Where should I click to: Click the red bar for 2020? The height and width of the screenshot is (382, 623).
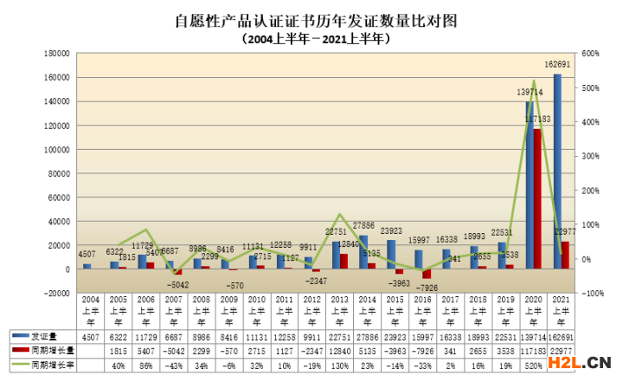point(537,198)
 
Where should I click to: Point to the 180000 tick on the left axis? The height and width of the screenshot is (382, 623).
point(57,54)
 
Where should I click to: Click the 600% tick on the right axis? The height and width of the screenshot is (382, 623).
point(591,54)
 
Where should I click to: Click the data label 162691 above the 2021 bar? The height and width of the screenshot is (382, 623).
point(556,65)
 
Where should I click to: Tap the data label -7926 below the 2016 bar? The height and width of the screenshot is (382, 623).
point(431,287)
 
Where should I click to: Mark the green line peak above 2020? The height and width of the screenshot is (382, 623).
point(534,81)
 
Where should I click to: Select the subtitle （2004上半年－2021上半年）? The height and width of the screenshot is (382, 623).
point(315,38)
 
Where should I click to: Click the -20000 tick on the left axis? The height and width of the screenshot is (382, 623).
point(57,293)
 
